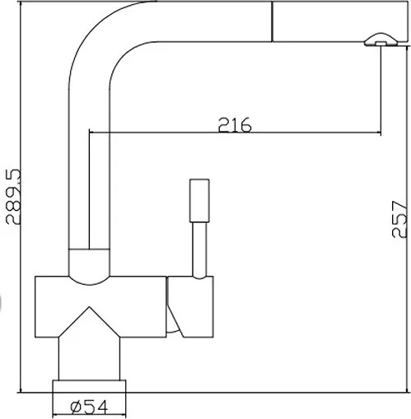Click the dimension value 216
click(235, 125)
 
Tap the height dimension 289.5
click(13, 197)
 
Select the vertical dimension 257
click(399, 219)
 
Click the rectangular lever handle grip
click(199, 201)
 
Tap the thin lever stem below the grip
click(199, 250)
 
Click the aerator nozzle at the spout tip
click(381, 40)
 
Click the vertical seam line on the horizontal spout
click(272, 21)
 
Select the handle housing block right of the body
click(190, 307)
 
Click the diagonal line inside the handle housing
click(175, 321)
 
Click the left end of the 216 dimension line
click(90, 133)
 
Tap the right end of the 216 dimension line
click(381, 133)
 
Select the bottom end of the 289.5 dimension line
click(21, 393)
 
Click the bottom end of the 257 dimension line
click(407, 393)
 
